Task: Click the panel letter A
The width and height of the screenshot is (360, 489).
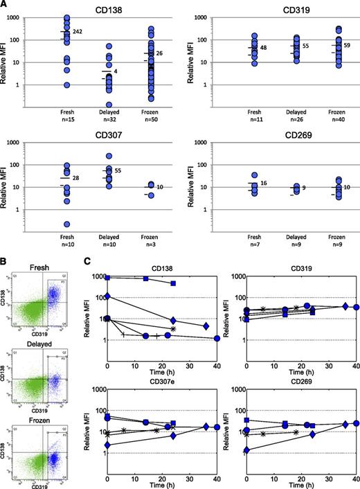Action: point(5,5)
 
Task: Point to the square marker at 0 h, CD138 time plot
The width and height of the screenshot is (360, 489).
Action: point(108,276)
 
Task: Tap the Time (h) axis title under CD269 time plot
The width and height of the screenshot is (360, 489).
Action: point(303,483)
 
